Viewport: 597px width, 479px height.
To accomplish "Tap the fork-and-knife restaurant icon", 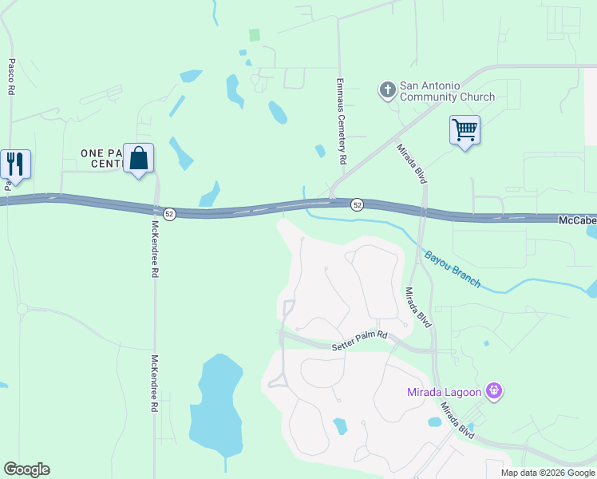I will point(15,164).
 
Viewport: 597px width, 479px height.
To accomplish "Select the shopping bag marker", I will point(139,158).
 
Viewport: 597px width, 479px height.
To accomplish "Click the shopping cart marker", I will point(465,130).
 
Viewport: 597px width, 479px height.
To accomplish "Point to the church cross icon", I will point(387,89).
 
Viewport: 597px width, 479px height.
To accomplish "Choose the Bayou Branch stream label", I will point(453,269).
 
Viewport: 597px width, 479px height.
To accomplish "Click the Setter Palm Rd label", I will point(359,341).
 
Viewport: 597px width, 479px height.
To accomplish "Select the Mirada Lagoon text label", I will point(445,391).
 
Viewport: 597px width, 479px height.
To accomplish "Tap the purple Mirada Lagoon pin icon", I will point(495,390).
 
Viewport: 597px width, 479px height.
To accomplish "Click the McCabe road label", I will point(576,218).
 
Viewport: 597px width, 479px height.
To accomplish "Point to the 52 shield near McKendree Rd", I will point(169,214).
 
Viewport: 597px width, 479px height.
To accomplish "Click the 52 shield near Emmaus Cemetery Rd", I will point(358,205).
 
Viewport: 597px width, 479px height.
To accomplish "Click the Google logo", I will point(26,469).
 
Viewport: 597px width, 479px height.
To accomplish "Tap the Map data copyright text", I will point(548,473).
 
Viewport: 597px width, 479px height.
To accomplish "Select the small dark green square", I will point(254,35).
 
